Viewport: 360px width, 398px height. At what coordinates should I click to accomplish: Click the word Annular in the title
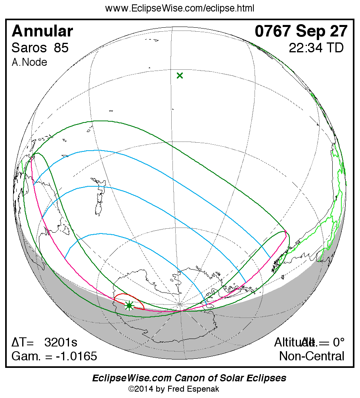[42, 31]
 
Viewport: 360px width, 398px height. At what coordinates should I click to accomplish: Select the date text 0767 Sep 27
[301, 31]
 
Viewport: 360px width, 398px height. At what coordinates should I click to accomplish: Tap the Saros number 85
[61, 48]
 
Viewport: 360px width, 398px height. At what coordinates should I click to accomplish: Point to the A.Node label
[29, 62]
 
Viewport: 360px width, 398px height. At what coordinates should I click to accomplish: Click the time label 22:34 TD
[316, 48]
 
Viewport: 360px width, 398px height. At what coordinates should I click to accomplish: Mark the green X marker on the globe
[180, 75]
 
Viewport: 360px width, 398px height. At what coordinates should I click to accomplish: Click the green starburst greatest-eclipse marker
[129, 305]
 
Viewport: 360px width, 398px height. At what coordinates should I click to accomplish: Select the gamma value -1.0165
[76, 356]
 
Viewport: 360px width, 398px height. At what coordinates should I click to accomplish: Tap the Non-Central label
[312, 356]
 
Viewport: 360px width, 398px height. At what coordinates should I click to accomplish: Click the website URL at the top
[180, 8]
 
